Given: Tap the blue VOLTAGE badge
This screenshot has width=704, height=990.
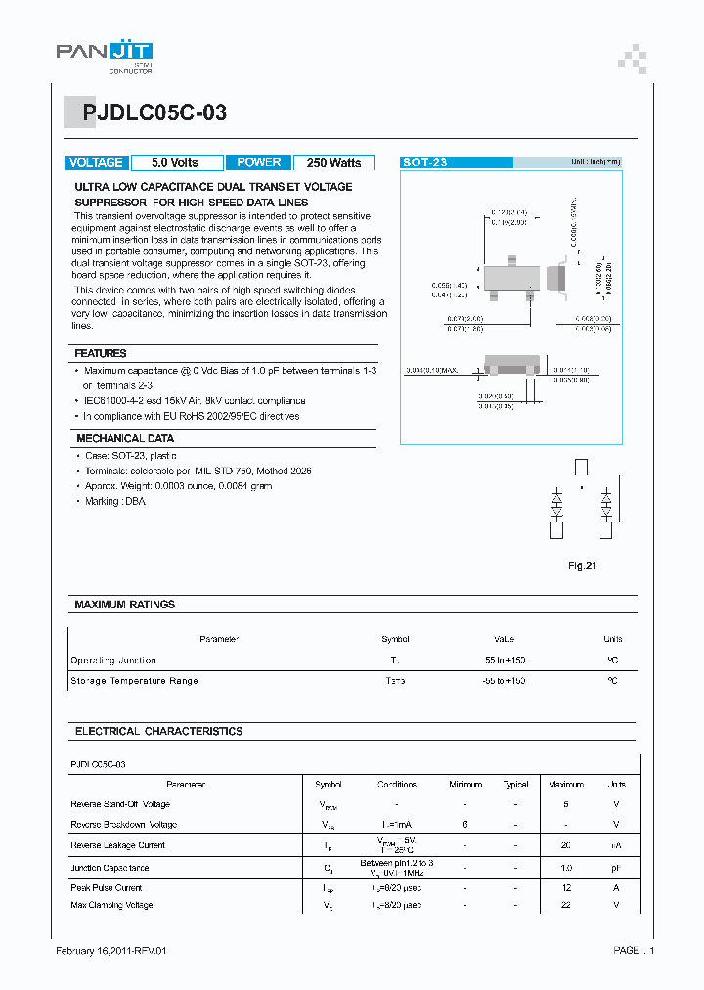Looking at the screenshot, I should [96, 163].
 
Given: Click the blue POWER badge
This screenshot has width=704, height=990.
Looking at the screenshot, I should [258, 163].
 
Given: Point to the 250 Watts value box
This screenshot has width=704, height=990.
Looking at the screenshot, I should [333, 163].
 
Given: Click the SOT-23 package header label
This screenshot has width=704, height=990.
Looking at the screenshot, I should [425, 163].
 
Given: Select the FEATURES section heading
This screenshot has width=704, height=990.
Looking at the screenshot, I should [101, 353].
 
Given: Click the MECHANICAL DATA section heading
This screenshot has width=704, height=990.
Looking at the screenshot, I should [124, 439].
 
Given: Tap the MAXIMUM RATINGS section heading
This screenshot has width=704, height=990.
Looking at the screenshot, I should [124, 605].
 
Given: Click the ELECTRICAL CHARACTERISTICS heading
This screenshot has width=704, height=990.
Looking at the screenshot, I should [158, 731].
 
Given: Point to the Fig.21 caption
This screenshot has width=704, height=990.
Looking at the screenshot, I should [582, 565].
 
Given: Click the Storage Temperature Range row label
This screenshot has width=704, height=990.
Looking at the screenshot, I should [134, 681].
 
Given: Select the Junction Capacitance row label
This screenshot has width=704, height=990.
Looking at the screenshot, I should [110, 868].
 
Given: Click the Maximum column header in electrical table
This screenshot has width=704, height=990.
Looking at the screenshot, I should [566, 785].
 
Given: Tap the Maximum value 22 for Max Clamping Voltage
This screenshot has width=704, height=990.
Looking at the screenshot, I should [566, 906].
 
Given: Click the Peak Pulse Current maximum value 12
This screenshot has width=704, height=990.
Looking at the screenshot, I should [566, 888].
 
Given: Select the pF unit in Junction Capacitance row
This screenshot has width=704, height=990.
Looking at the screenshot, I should [616, 868].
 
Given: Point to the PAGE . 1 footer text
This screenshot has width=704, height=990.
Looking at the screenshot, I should [635, 951].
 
